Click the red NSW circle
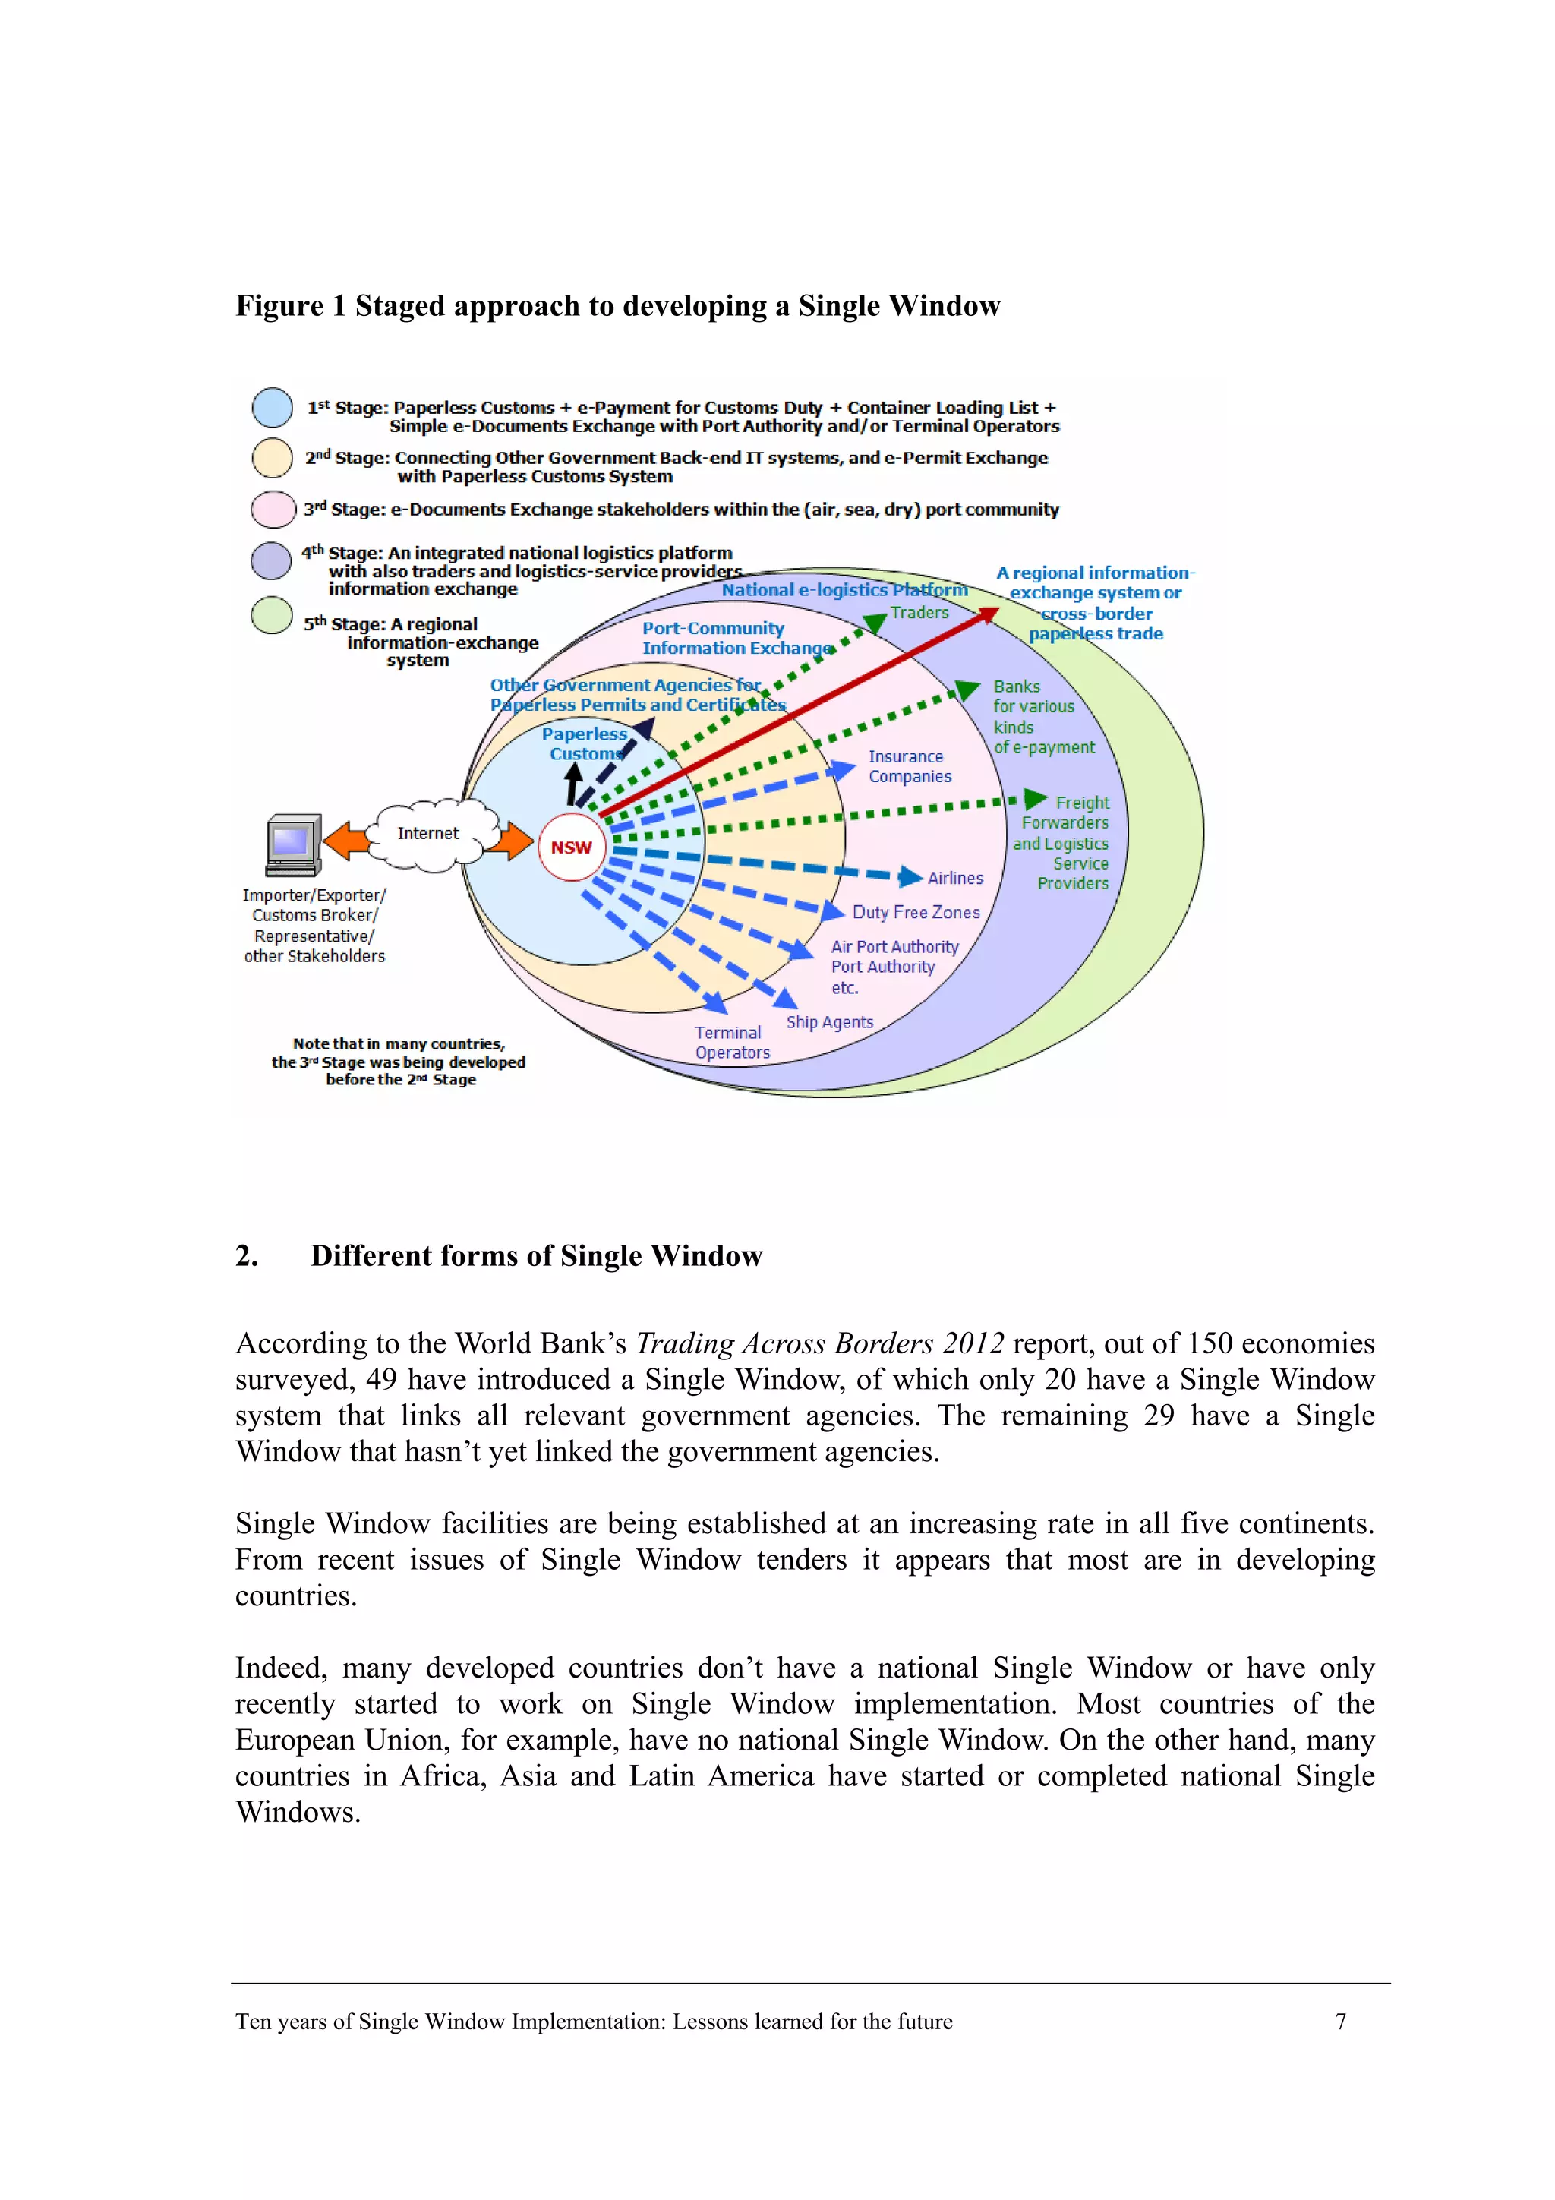click(x=571, y=847)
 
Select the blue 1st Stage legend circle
click(x=272, y=407)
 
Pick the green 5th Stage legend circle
click(x=271, y=615)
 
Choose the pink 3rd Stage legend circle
click(x=272, y=509)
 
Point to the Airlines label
click(x=954, y=878)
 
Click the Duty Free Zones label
click(x=916, y=912)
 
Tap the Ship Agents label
click(x=830, y=1021)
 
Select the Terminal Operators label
click(x=731, y=1043)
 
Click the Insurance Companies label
click(x=910, y=766)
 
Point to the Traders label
click(x=919, y=612)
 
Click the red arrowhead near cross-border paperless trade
click(x=987, y=616)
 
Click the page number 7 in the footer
click(x=1340, y=2021)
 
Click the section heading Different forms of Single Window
click(x=535, y=1255)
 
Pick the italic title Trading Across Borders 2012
click(x=820, y=1343)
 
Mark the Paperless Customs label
click(x=585, y=743)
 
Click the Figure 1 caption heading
click(x=617, y=306)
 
